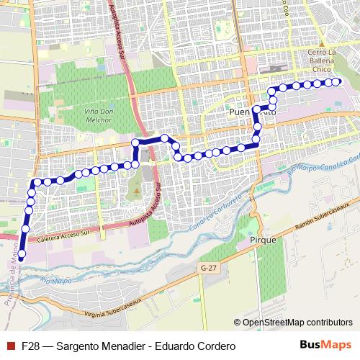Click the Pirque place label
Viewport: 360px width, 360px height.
pyautogui.click(x=262, y=239)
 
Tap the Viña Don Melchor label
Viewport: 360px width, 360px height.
pyautogui.click(x=94, y=115)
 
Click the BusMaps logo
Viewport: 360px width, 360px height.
pyautogui.click(x=325, y=346)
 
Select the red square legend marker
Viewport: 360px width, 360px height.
pyautogui.click(x=9, y=346)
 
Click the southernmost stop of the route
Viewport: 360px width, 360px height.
pyautogui.click(x=22, y=254)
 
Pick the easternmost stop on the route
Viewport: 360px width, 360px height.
pyautogui.click(x=336, y=82)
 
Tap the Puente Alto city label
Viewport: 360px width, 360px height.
pyautogui.click(x=251, y=113)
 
